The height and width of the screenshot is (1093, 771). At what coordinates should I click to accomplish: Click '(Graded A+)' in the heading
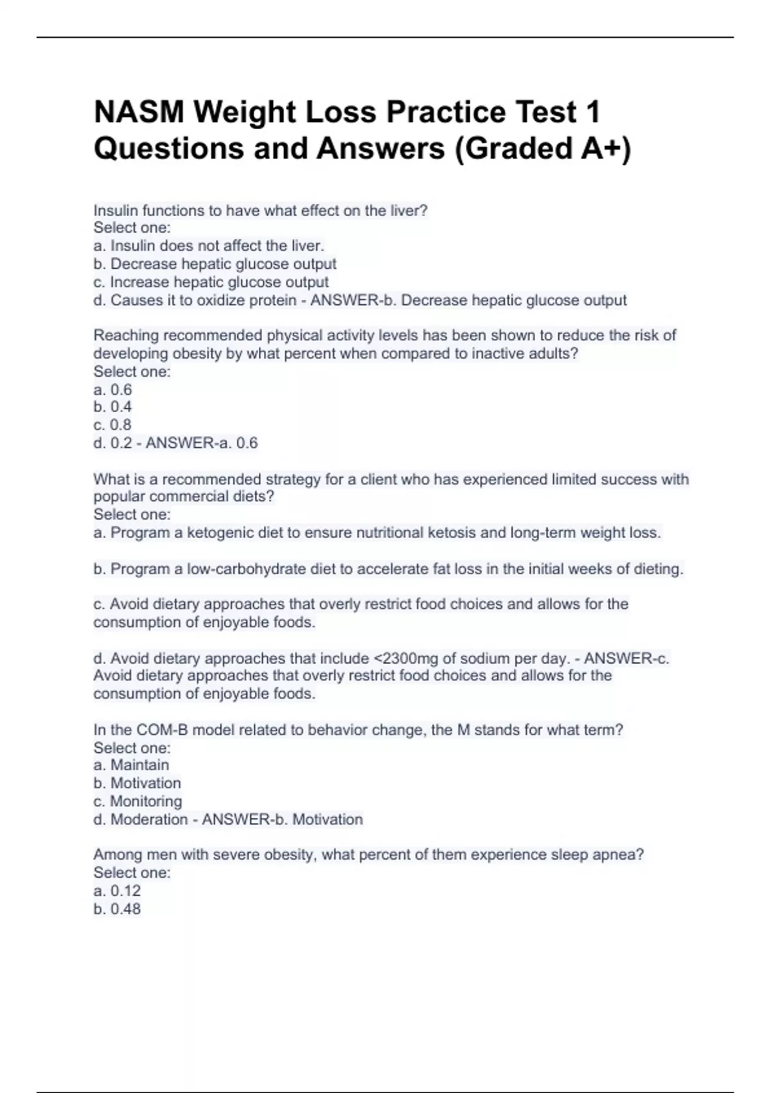(543, 149)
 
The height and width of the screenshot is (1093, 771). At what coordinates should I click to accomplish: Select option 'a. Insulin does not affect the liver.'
(209, 246)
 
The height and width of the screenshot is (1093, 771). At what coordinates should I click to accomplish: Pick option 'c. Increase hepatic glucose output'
(211, 282)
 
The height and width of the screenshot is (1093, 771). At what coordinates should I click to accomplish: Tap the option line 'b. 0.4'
(112, 407)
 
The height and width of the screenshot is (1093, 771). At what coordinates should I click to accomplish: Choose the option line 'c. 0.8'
(112, 425)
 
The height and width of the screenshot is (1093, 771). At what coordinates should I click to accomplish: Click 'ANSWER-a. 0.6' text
(202, 443)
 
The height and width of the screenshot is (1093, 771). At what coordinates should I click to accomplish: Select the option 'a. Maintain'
(131, 765)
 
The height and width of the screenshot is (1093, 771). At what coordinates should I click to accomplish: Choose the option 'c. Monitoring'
(137, 801)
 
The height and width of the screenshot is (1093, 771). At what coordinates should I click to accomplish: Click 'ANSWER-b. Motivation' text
(282, 819)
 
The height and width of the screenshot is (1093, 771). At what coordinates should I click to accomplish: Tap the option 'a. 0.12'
(117, 890)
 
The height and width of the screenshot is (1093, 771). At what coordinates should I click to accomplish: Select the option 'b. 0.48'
(117, 908)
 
